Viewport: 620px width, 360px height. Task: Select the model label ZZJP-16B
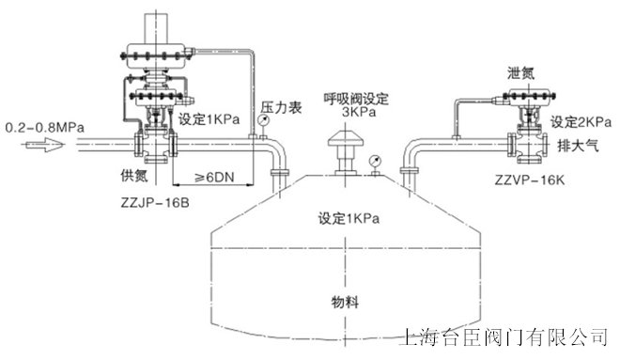(x=157, y=203)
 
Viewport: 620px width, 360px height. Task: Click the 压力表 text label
(x=280, y=109)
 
